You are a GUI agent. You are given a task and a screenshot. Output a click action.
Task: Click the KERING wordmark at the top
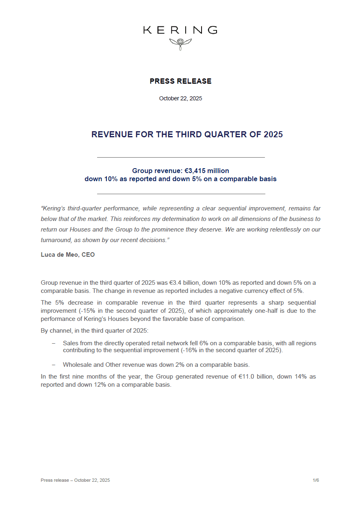(x=180, y=30)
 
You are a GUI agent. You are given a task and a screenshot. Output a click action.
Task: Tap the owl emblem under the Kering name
(x=180, y=43)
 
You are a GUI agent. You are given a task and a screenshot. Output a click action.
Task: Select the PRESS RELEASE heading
(x=180, y=81)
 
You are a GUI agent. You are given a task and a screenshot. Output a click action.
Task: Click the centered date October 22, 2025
(x=180, y=99)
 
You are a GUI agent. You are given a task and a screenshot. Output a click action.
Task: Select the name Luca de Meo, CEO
(x=67, y=255)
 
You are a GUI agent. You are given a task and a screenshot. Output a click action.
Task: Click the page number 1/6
(x=316, y=481)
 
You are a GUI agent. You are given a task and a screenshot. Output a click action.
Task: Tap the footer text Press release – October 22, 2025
(x=75, y=481)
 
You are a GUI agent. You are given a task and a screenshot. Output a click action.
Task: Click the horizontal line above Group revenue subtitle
(x=181, y=157)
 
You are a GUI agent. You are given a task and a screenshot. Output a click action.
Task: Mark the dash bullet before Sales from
(x=53, y=344)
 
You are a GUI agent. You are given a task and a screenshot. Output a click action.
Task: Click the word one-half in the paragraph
(x=213, y=311)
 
